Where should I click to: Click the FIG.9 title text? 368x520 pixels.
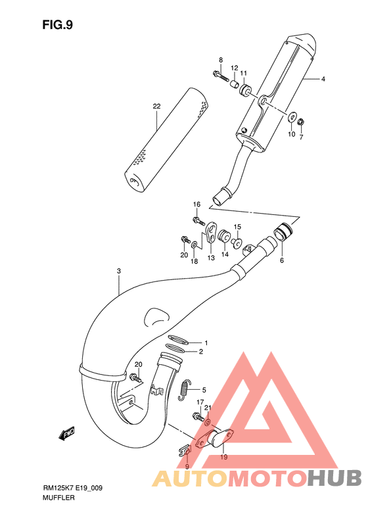point(57,25)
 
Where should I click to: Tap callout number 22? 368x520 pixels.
point(156,106)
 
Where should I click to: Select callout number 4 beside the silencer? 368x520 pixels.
point(323,80)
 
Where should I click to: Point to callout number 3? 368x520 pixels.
point(118,271)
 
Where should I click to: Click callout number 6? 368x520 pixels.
point(282,261)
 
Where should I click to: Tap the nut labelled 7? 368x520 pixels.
point(300,122)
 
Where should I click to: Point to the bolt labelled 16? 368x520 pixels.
point(196,219)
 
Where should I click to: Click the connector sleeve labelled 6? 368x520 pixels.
point(284,233)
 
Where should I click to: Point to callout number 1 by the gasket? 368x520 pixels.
point(205,343)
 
